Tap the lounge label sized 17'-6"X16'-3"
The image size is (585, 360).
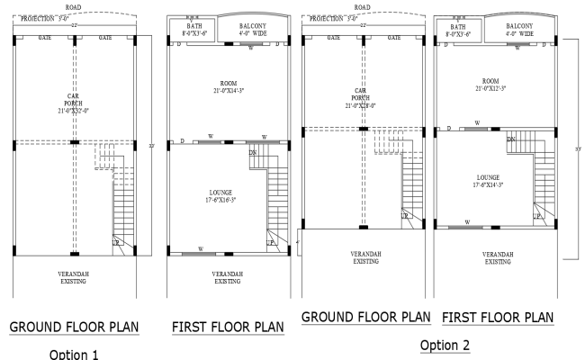coord(220,196)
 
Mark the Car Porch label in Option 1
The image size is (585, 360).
coord(75,102)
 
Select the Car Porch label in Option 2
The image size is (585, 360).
coord(360,98)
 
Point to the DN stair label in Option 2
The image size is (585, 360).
coord(510,139)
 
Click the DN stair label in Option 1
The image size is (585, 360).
coord(252,153)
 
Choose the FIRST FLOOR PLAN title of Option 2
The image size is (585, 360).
coord(498,318)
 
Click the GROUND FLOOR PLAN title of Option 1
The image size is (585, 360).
coord(74,326)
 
